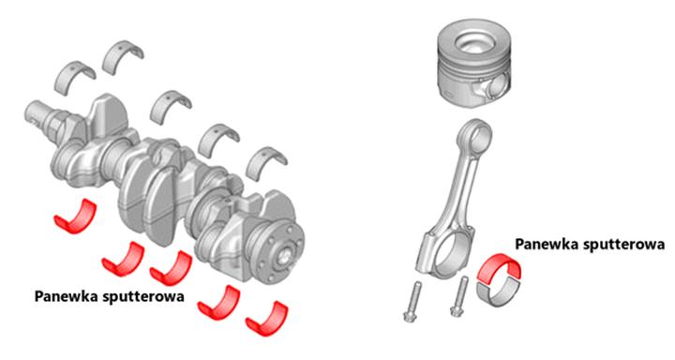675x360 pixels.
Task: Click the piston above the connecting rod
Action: tap(474, 64)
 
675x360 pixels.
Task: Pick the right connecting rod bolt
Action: tap(459, 297)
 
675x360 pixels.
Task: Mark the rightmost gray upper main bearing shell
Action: tap(267, 162)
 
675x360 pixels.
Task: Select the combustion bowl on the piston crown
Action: tap(474, 42)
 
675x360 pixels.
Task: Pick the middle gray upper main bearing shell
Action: tap(171, 106)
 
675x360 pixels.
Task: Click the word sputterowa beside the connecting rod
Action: tap(623, 244)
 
